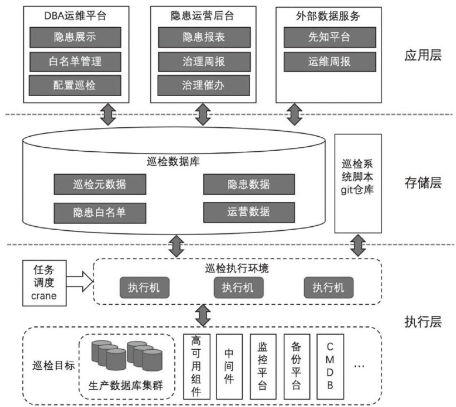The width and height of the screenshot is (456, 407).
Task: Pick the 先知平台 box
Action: pyautogui.click(x=326, y=37)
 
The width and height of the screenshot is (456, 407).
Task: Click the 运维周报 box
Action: pyautogui.click(x=326, y=61)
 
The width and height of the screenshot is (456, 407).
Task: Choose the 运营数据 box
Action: pyautogui.click(x=248, y=211)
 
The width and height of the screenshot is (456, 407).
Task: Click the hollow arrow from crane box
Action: pyautogui.click(x=78, y=281)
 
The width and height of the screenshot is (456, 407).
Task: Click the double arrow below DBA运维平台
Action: pyautogui.click(x=107, y=113)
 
